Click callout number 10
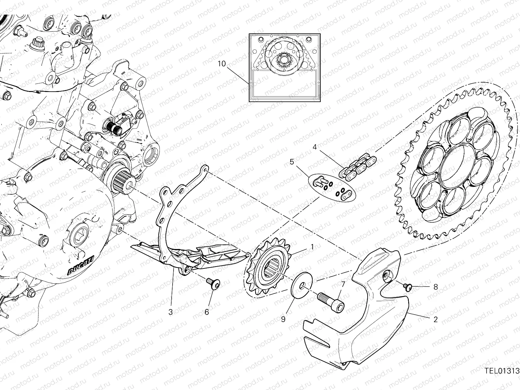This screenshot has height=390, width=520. click(221, 64)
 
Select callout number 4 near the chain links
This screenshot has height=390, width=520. click(315, 147)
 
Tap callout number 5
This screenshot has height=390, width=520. click(292, 162)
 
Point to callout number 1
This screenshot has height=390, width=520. click(312, 247)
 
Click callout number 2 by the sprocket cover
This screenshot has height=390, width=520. click(435, 319)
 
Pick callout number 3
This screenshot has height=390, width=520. click(171, 312)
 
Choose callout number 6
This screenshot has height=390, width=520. click(207, 312)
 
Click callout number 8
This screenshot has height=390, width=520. click(435, 287)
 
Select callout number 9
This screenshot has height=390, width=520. click(283, 319)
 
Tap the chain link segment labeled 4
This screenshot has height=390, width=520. click(357, 165)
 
